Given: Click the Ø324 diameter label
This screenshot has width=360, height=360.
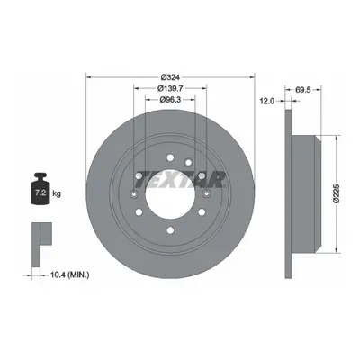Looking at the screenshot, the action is coord(170,77).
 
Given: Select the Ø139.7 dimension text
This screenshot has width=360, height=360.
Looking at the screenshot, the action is coord(170,88).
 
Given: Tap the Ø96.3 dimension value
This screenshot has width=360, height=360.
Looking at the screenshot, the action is coord(170,100).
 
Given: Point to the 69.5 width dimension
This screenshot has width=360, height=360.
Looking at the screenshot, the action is coord(303,89).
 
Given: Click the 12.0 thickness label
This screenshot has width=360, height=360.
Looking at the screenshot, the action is coord(267,101).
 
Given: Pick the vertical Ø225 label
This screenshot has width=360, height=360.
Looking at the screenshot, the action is coord(336,193).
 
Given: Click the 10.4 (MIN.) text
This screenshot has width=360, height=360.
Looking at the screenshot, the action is coord(70,274).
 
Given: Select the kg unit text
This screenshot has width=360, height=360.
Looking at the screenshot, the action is coord(57,193).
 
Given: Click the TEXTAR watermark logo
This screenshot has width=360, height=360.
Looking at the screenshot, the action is coord(183,179).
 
